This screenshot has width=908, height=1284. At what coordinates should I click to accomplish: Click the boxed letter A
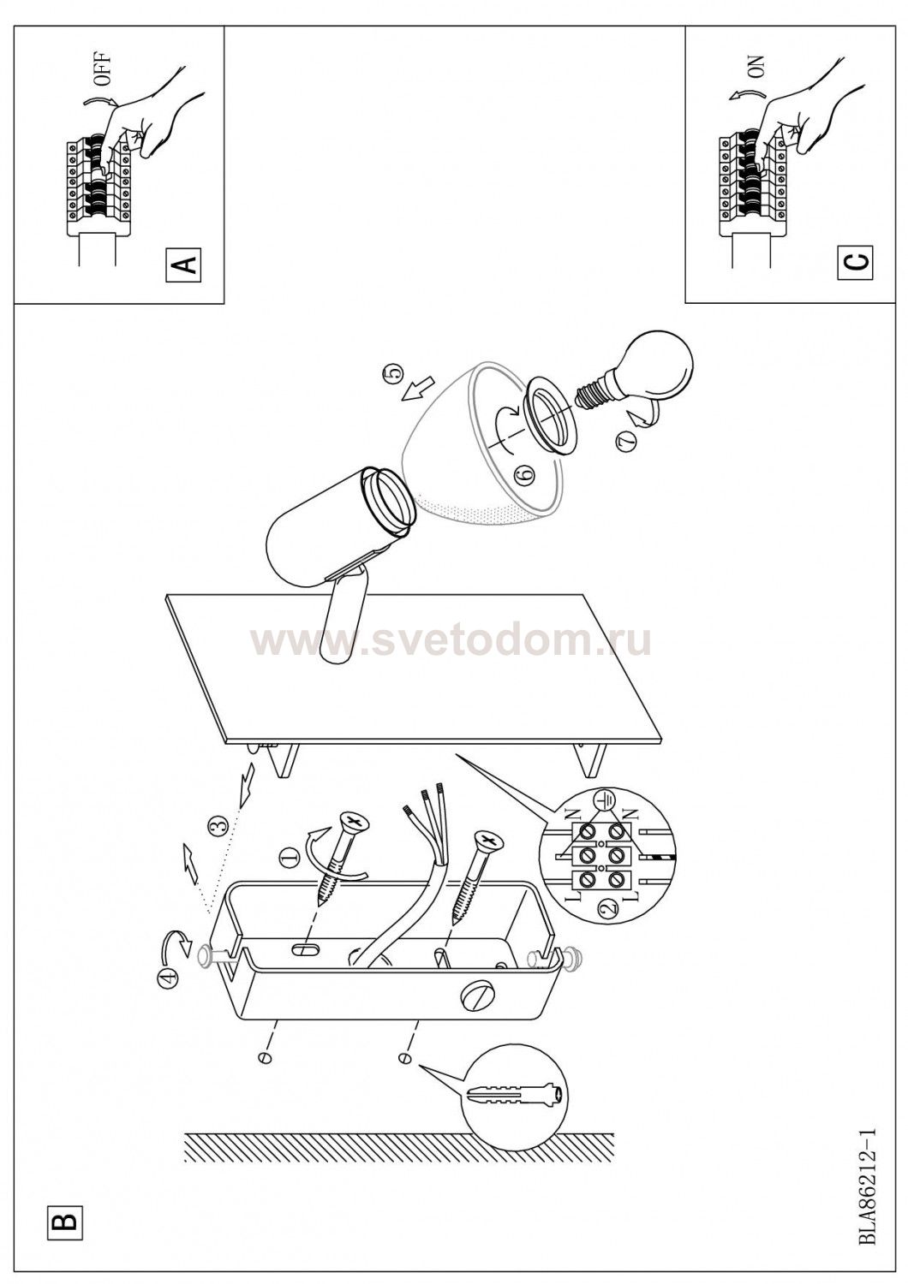tap(183, 265)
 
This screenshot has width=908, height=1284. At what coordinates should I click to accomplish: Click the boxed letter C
tap(855, 263)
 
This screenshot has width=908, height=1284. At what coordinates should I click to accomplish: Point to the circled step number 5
tap(393, 373)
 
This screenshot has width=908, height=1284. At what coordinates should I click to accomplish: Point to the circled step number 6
tap(525, 473)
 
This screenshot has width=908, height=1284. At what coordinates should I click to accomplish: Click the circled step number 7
tap(626, 442)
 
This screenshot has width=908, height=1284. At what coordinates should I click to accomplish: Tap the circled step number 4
tap(167, 981)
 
